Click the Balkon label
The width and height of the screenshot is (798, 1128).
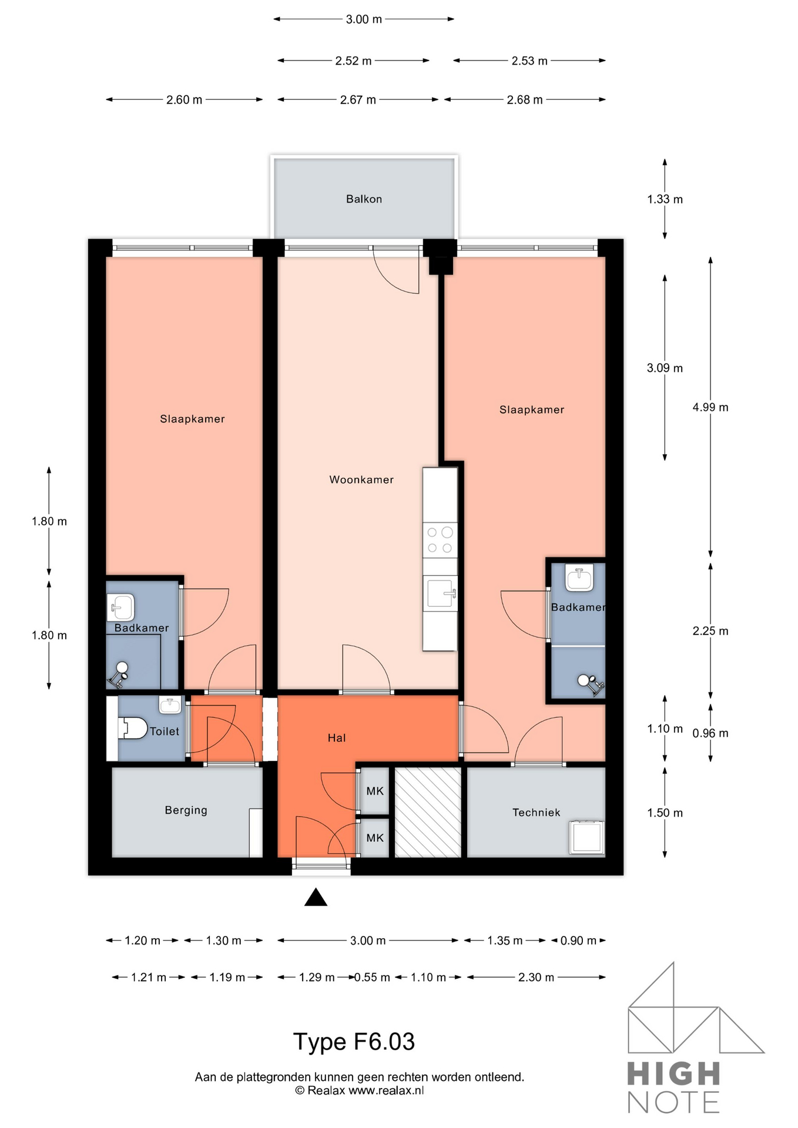364,199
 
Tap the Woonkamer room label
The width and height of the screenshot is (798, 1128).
361,480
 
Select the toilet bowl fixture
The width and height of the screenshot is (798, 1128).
133,728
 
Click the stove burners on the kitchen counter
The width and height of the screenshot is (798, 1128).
440,540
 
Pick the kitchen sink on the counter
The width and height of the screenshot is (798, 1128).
440,593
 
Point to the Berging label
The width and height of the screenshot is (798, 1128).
186,810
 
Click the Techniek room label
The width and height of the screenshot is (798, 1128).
536,813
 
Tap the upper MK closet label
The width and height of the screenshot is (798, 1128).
375,791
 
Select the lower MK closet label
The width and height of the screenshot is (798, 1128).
375,838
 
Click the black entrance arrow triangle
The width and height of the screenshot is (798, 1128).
316,898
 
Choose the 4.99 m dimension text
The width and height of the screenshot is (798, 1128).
710,408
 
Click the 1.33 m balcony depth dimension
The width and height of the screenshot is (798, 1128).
665,200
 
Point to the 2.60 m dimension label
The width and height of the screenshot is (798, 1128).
184,100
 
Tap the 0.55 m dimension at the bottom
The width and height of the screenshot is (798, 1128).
373,978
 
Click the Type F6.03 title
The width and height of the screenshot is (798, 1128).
354,1042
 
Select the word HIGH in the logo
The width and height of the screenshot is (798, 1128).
673,1074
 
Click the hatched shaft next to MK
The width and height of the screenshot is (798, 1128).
428,813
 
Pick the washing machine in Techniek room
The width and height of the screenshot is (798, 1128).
586,837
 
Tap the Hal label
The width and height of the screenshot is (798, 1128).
336,738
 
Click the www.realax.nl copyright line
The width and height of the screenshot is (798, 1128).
359,1091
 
